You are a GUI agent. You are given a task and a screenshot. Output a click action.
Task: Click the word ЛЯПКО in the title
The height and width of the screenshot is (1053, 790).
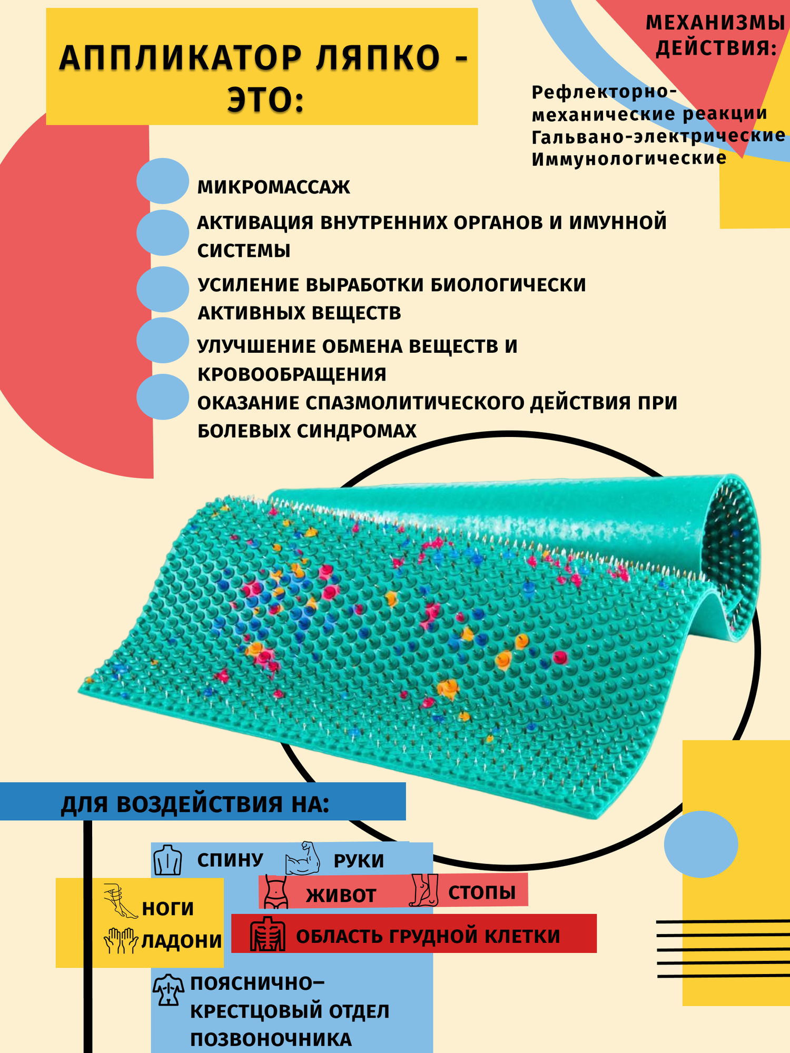pyautogui.click(x=378, y=58)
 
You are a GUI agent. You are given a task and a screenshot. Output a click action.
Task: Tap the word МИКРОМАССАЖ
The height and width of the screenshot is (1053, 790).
pyautogui.click(x=273, y=187)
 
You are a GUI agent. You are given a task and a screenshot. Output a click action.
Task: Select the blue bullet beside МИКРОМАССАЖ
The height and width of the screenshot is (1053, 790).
pyautogui.click(x=163, y=181)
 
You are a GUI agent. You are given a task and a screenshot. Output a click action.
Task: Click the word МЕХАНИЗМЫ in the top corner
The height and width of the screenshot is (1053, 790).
pyautogui.click(x=715, y=23)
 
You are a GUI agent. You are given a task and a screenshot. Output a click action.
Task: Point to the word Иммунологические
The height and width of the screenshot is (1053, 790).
pyautogui.click(x=629, y=159)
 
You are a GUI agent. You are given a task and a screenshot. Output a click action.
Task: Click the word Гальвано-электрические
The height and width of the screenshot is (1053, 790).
pyautogui.click(x=658, y=136)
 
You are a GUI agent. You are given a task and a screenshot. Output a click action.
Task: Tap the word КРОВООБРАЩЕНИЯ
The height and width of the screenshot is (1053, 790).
pyautogui.click(x=292, y=374)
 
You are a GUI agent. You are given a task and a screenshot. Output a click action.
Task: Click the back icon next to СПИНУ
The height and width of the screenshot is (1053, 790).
pyautogui.click(x=167, y=860)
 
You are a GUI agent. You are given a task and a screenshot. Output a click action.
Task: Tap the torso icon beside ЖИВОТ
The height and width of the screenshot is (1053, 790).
pyautogui.click(x=275, y=892)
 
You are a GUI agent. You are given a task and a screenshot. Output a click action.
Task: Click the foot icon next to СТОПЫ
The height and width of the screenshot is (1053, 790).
pyautogui.click(x=424, y=890)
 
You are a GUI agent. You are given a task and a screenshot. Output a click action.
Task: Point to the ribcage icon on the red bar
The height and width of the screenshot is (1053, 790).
pyautogui.click(x=268, y=935)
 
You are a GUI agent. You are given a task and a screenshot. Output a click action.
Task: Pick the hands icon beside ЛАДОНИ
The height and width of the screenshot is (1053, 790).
pyautogui.click(x=121, y=940)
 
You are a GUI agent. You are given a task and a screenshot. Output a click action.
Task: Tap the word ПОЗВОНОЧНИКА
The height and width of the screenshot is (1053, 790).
pyautogui.click(x=271, y=1040)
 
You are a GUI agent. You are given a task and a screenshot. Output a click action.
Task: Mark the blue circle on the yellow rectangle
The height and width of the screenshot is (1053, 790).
pyautogui.click(x=700, y=845)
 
